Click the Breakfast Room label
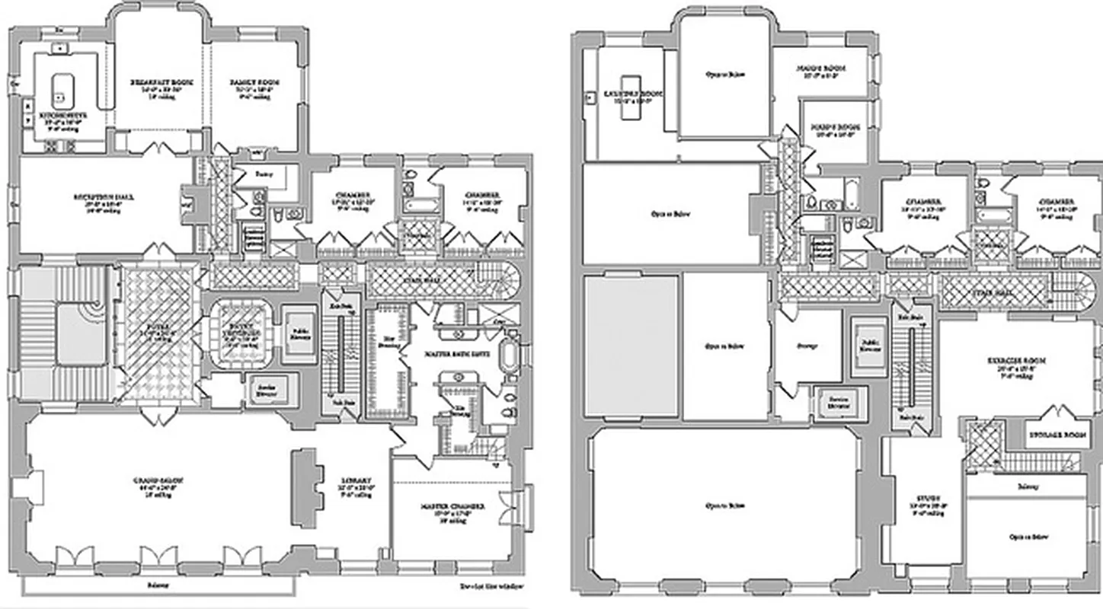click(x=160, y=81)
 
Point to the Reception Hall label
click(x=104, y=196)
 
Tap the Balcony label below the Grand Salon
click(x=158, y=585)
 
